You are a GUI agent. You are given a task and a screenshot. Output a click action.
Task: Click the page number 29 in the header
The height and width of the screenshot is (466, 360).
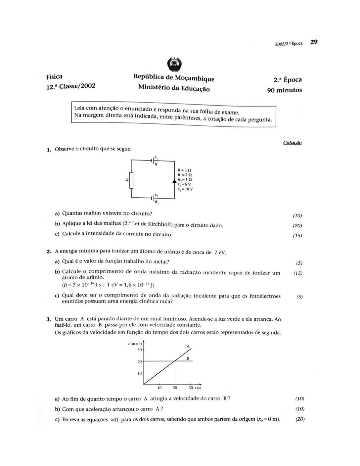(314, 42)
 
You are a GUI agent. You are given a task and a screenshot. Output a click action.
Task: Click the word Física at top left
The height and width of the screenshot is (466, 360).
(54, 77)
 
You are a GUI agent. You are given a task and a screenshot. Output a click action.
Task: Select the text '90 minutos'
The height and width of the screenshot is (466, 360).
(285, 90)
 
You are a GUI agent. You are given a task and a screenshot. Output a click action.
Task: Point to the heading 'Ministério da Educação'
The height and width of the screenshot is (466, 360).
(174, 88)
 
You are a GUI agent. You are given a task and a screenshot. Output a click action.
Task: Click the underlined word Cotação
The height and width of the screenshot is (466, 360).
(292, 143)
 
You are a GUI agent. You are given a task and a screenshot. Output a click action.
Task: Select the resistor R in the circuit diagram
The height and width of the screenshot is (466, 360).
(131, 180)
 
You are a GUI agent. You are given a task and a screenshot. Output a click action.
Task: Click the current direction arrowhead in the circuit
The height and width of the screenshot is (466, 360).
(174, 181)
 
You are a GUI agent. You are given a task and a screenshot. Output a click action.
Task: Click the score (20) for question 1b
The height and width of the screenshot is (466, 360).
(297, 226)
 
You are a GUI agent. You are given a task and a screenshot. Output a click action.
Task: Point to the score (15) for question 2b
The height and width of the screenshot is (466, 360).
(298, 273)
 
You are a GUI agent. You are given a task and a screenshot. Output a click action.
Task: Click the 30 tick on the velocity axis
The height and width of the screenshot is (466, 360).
(140, 349)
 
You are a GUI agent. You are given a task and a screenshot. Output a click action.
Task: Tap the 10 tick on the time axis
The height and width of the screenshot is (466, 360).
(159, 388)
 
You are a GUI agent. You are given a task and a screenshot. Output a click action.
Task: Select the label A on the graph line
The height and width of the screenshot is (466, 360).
(188, 346)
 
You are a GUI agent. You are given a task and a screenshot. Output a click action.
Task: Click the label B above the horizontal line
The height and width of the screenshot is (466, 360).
(188, 358)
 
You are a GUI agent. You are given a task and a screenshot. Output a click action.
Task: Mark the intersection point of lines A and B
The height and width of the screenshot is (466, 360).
(175, 361)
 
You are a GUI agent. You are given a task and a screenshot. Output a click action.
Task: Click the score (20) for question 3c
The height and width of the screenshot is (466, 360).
(300, 419)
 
